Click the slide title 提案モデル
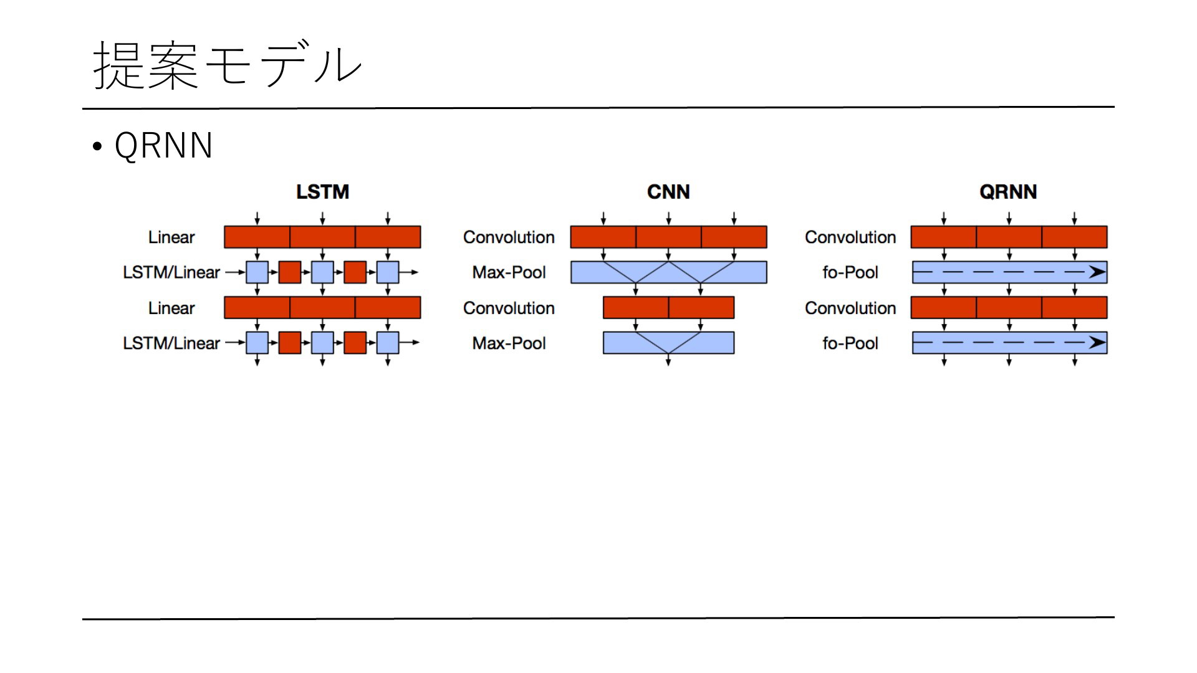point(227,65)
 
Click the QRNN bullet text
point(163,146)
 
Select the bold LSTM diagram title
point(322,192)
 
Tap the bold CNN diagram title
point(668,192)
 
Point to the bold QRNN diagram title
point(1008,192)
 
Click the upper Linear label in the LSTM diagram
point(171,237)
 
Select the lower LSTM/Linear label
point(171,343)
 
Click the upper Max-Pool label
point(509,272)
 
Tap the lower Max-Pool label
point(509,343)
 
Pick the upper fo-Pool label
point(850,272)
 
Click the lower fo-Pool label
point(850,343)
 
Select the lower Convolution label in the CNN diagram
point(509,308)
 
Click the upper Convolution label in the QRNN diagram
point(850,237)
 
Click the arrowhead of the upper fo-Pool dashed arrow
point(1097,272)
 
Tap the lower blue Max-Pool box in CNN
point(668,343)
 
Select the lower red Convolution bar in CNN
point(668,308)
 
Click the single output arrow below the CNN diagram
point(668,360)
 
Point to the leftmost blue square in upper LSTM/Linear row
point(257,272)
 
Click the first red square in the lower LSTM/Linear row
point(290,343)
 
